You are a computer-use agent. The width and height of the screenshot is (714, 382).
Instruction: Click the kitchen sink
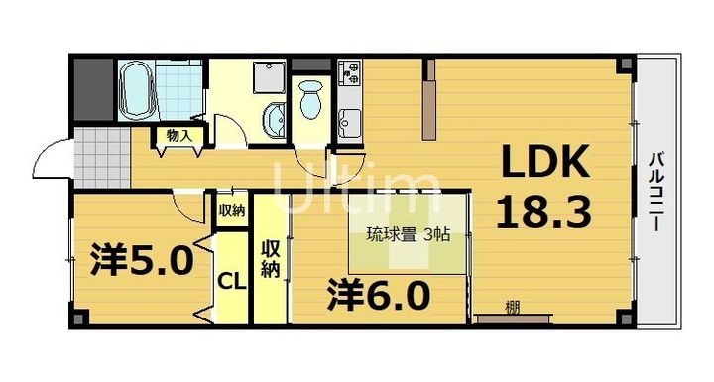tap(350, 124)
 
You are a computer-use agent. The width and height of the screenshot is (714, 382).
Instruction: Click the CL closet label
tap(232, 281)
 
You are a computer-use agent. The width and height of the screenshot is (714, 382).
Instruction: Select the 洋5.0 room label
tap(142, 260)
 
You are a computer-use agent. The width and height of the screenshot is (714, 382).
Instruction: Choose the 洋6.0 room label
tap(379, 295)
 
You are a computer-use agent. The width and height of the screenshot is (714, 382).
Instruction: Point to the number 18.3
tap(543, 212)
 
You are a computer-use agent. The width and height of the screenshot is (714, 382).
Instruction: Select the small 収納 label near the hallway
tap(231, 210)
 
